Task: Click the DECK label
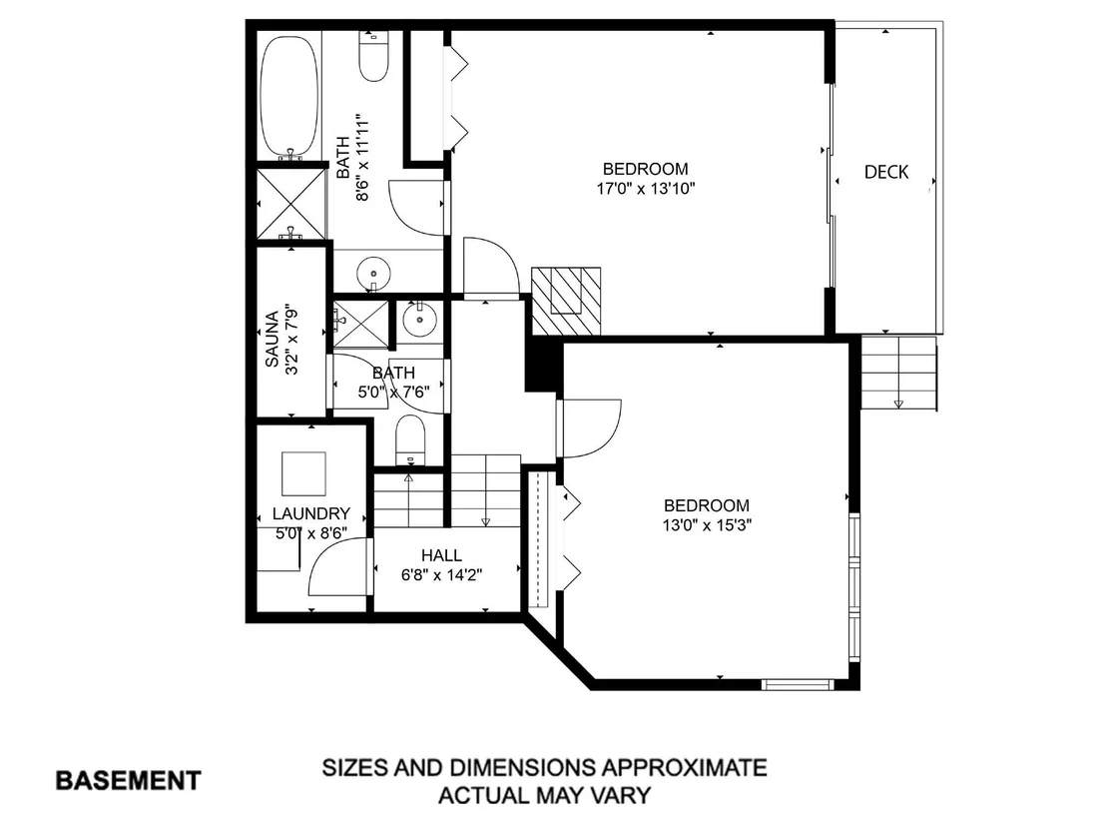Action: click(886, 172)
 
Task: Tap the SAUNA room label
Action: click(272, 340)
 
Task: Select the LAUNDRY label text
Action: click(311, 513)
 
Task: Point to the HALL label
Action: click(441, 555)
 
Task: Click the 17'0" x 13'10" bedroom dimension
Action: click(646, 189)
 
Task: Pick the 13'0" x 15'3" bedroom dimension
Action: click(707, 525)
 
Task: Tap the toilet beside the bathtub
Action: click(373, 57)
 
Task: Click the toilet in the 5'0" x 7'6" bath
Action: click(410, 439)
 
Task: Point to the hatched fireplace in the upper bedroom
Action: click(566, 301)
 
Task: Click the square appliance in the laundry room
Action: click(304, 474)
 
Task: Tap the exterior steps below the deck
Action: click(898, 374)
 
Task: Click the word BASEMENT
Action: click(129, 781)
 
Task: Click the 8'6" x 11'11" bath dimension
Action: click(363, 157)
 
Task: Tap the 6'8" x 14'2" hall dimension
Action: click(441, 575)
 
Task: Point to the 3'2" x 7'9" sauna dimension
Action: click(291, 340)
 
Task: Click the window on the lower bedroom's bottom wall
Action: click(798, 684)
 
